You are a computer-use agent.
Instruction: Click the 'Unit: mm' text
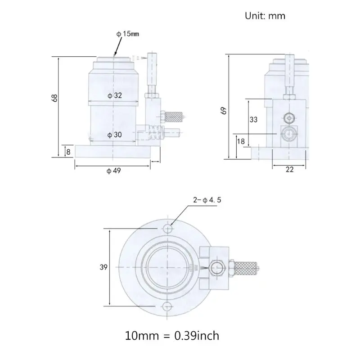(x=265, y=16)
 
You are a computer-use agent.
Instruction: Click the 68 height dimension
(x=54, y=98)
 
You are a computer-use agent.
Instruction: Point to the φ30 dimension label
(x=114, y=134)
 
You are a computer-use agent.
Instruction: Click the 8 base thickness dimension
(x=68, y=152)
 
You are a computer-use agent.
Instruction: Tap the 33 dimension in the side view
(x=253, y=119)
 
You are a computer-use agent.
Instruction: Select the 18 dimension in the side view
(x=241, y=141)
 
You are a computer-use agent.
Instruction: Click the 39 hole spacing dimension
(x=103, y=267)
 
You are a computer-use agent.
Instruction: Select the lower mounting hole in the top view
(x=167, y=306)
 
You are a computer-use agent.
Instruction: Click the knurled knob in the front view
(x=174, y=117)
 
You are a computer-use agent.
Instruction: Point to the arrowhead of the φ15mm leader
(x=116, y=54)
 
